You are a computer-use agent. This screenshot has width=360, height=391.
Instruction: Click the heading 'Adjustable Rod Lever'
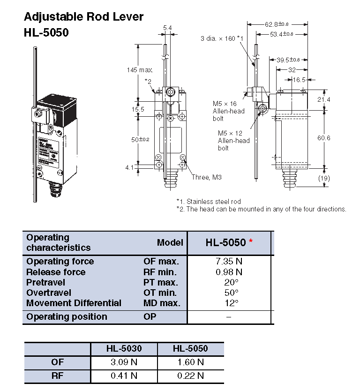point(83,17)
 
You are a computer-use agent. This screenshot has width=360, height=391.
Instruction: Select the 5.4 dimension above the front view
point(167,28)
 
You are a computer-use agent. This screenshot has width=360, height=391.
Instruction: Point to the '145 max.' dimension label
point(140,70)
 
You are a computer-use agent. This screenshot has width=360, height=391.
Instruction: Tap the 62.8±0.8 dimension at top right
point(277,23)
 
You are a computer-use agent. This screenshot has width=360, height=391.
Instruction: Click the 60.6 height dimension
point(337,138)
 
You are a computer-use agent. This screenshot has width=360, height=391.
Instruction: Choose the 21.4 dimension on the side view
point(337,99)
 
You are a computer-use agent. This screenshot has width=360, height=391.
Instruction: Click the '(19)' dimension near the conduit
point(337,178)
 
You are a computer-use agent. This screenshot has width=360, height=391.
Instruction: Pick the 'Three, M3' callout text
point(206,177)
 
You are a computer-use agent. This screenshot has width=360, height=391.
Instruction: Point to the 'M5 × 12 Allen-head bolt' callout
point(233,140)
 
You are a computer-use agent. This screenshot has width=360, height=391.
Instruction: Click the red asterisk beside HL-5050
point(251,242)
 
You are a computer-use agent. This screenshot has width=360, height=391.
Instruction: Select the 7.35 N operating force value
point(229,261)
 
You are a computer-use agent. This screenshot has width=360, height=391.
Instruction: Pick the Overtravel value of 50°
point(229,293)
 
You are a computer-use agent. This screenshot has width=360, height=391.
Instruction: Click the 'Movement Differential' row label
point(74,303)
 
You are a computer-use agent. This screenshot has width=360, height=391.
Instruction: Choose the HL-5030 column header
point(124,349)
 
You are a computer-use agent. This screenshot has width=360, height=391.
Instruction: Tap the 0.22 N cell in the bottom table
point(190,375)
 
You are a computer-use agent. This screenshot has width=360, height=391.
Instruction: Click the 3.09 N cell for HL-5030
point(124,362)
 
